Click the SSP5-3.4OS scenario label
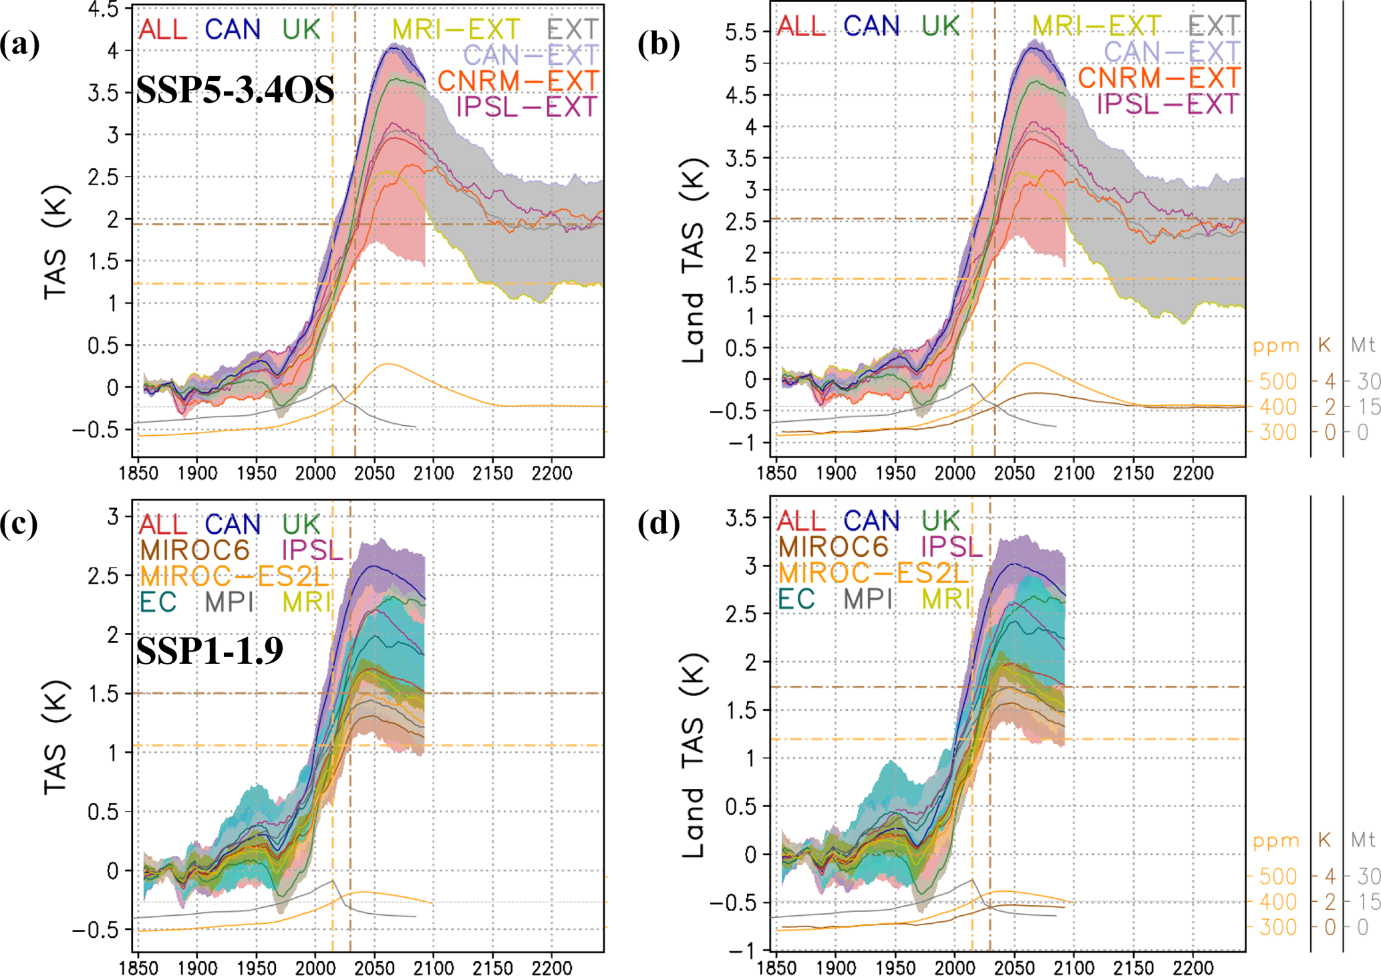(x=235, y=90)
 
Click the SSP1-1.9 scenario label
(x=210, y=650)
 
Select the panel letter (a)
(x=19, y=45)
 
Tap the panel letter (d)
(x=658, y=523)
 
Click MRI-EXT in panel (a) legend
(x=456, y=29)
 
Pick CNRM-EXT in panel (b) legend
(x=1159, y=78)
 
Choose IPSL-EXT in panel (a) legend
(x=526, y=106)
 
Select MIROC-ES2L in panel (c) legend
(x=235, y=576)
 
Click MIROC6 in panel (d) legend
(x=833, y=547)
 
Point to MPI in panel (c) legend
(x=229, y=602)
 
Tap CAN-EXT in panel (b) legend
(x=1172, y=51)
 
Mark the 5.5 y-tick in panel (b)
(x=742, y=32)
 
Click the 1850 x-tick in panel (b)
(x=776, y=473)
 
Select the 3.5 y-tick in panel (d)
(x=742, y=518)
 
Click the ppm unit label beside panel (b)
(x=1276, y=346)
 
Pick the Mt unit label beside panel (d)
(x=1363, y=840)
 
